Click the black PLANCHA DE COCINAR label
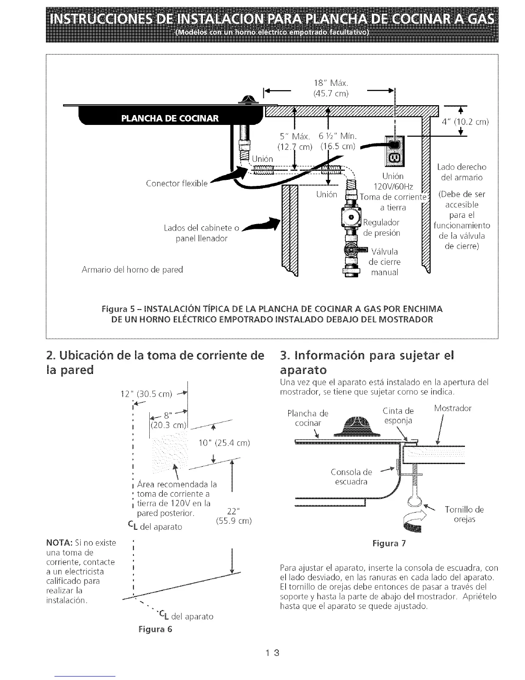170,118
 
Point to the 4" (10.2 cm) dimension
465,121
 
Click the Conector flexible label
177,184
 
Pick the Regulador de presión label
381,228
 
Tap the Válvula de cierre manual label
385,261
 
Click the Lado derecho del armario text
462,172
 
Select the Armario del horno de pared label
132,270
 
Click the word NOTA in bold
57,543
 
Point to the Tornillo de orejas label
464,514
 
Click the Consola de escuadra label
351,477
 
